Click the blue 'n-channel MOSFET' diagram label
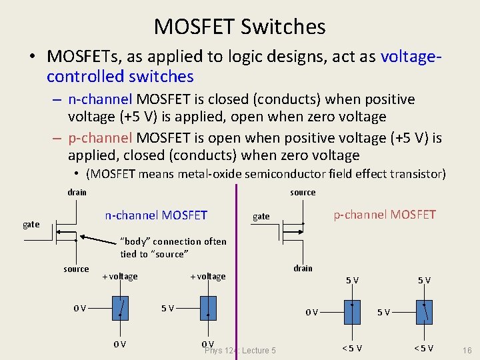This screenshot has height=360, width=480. tap(156, 215)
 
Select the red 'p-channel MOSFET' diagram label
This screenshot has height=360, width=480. tap(385, 214)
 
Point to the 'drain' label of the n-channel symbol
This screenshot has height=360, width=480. tap(77, 193)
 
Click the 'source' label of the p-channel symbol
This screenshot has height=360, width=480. tap(303, 193)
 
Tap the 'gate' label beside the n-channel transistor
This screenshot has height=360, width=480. tap(31, 225)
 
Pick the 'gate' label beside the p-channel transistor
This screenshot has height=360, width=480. tap(261, 216)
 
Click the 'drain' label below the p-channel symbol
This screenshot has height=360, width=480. tap(303, 268)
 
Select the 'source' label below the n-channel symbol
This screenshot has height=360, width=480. tap(76, 269)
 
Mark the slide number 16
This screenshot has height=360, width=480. tap(466, 349)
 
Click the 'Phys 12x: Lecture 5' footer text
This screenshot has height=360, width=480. tap(240, 351)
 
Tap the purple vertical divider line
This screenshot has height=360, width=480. tap(236, 267)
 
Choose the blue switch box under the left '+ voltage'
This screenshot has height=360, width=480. tap(120, 309)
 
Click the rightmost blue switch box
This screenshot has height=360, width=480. tap(423, 311)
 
